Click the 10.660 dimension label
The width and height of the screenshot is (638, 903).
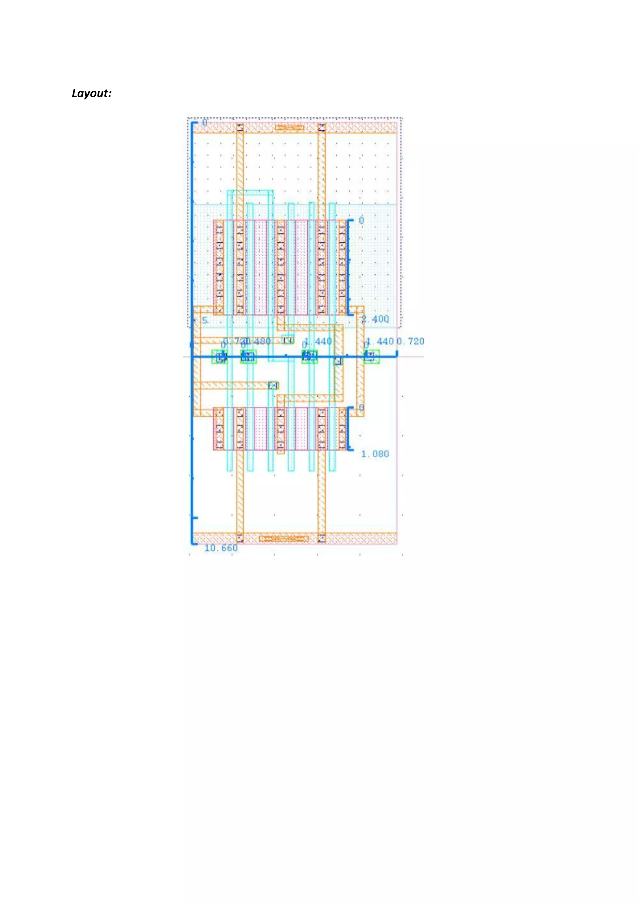coord(221,548)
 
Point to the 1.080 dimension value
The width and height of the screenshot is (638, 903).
coord(375,454)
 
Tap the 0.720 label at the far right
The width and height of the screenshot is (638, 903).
coord(411,341)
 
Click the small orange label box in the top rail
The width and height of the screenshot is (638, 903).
coord(289,127)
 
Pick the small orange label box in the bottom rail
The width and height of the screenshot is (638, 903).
coord(284,538)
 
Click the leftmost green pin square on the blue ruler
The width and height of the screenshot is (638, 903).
coord(219,357)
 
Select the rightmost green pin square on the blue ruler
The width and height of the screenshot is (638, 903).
coord(371,357)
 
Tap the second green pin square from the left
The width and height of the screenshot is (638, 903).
coord(248,357)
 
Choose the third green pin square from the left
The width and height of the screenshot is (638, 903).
coord(310,357)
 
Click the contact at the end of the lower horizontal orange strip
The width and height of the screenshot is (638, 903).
coord(274,385)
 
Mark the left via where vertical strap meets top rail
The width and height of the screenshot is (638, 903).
coord(240,128)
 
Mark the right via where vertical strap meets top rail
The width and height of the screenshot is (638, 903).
coord(322,128)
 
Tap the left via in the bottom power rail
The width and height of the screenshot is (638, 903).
coord(240,538)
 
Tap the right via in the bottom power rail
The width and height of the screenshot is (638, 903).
coord(322,538)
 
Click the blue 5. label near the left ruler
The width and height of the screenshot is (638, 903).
coord(205,321)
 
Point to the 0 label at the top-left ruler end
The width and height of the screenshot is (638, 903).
coord(204,123)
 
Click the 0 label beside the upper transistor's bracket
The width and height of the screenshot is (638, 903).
coord(361,220)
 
